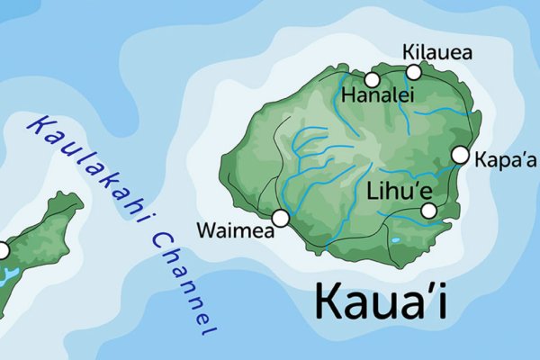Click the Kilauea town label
(438, 52)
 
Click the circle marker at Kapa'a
(460, 155)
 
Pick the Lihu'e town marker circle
(429, 211)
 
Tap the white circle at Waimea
(280, 218)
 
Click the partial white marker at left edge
(2, 250)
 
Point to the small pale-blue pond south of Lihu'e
(395, 241)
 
